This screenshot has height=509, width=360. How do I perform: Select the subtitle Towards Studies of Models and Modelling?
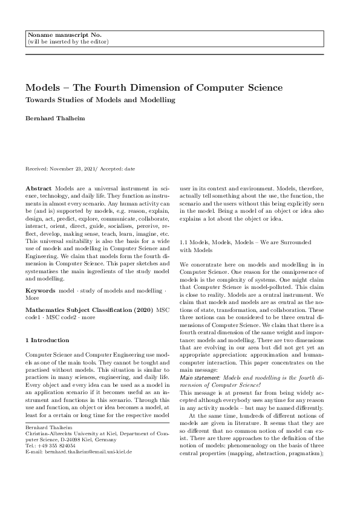click(100, 100)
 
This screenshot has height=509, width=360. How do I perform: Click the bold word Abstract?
click(39, 190)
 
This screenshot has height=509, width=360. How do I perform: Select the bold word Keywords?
click(41, 291)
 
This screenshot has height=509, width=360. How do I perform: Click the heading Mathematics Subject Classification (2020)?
click(90, 310)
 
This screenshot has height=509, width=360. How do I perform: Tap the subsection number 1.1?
click(185, 242)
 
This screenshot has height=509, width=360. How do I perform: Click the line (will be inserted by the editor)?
click(68, 42)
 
